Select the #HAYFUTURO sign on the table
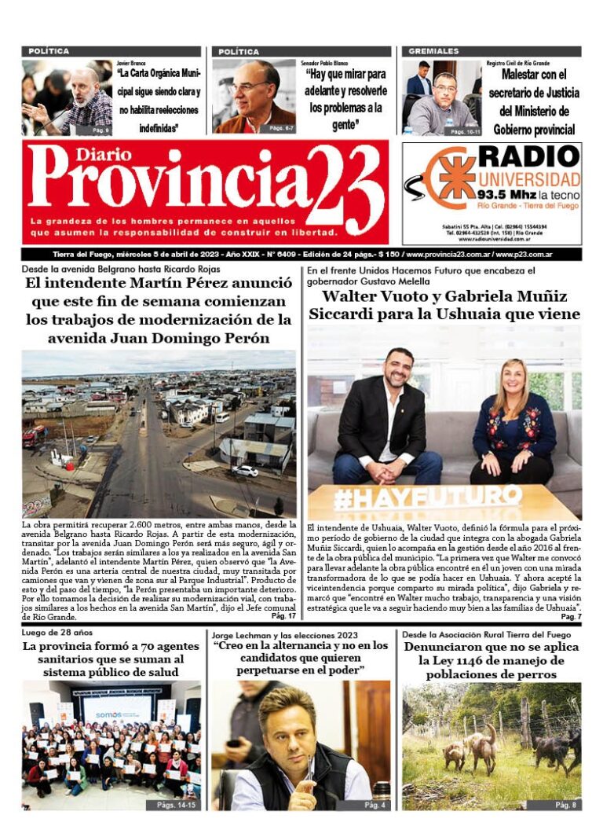pos(427,497)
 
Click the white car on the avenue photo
pos(246,471)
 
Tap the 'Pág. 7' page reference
pos(571,617)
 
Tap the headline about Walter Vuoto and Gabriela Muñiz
pos(444,305)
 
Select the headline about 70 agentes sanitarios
pos(102,659)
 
